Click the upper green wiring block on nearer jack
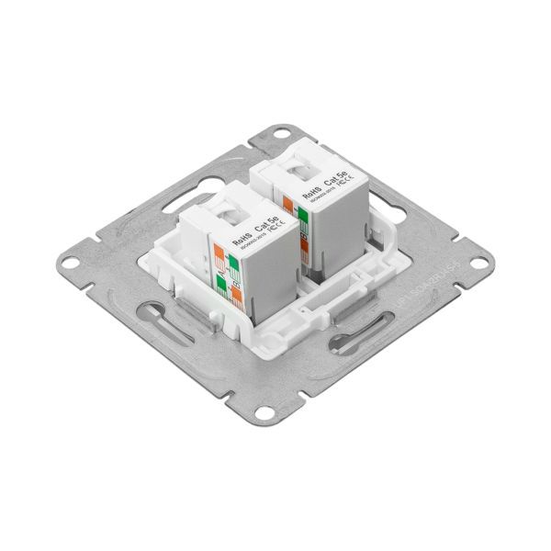pos(233,266)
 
